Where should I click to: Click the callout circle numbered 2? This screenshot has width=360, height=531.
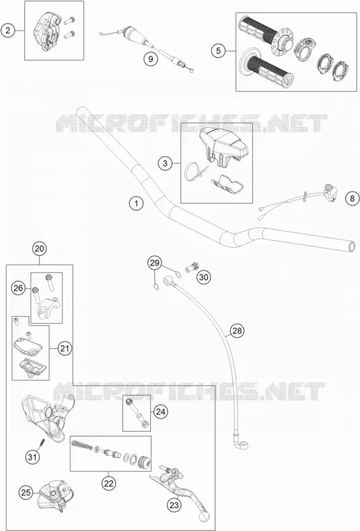tap(8, 31)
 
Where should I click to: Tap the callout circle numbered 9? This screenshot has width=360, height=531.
tap(151, 59)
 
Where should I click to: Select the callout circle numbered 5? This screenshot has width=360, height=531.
tap(218, 51)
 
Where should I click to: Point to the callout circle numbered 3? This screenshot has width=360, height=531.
tap(165, 163)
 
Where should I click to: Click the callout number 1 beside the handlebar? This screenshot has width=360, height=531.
tap(136, 204)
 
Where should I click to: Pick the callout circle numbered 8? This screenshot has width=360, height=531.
tap(352, 198)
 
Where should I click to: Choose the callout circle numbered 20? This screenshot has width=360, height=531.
tap(40, 249)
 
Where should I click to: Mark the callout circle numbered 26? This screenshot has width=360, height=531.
tap(18, 288)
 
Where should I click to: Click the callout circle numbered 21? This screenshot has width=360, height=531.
tap(65, 348)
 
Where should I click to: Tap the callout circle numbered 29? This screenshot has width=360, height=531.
tap(154, 263)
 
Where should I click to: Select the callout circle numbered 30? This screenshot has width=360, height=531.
tap(204, 277)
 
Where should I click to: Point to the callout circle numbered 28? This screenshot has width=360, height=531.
tap(237, 331)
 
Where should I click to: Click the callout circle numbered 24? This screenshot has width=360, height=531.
tap(161, 411)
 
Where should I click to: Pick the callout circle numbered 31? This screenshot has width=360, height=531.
tap(33, 457)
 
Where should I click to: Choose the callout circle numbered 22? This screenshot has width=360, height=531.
tap(108, 483)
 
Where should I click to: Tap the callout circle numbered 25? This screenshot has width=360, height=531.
tap(26, 492)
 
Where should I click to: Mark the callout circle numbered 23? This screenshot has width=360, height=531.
tap(174, 505)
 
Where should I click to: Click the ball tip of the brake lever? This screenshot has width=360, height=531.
tap(204, 516)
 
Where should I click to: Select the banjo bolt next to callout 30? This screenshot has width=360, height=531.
tap(193, 268)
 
